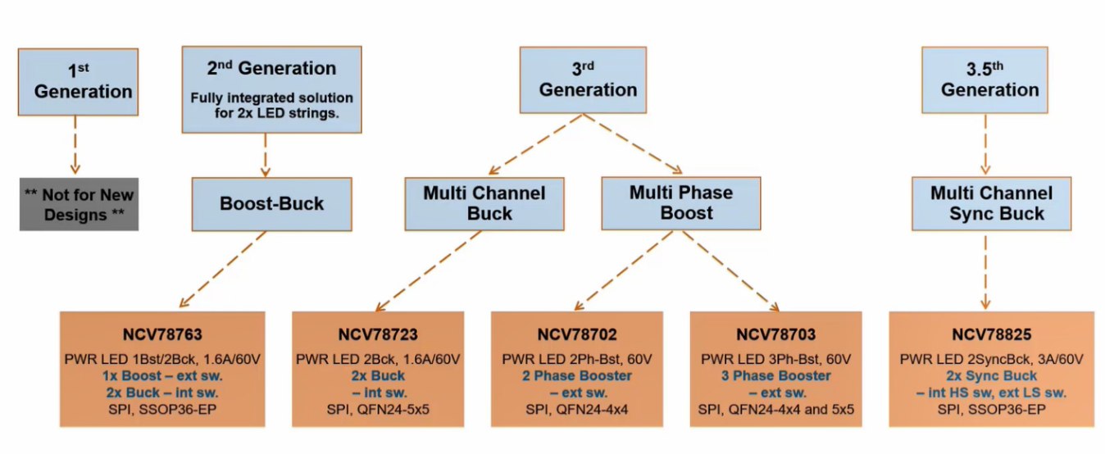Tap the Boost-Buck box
[271, 204]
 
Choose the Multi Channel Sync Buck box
[990, 204]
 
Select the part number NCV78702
[576, 334]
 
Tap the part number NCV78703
[775, 334]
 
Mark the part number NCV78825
[991, 334]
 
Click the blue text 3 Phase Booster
[775, 375]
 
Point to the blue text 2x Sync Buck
[991, 375]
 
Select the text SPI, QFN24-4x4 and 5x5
[775, 408]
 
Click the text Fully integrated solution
[271, 98]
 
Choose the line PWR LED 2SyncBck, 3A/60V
[991, 359]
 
